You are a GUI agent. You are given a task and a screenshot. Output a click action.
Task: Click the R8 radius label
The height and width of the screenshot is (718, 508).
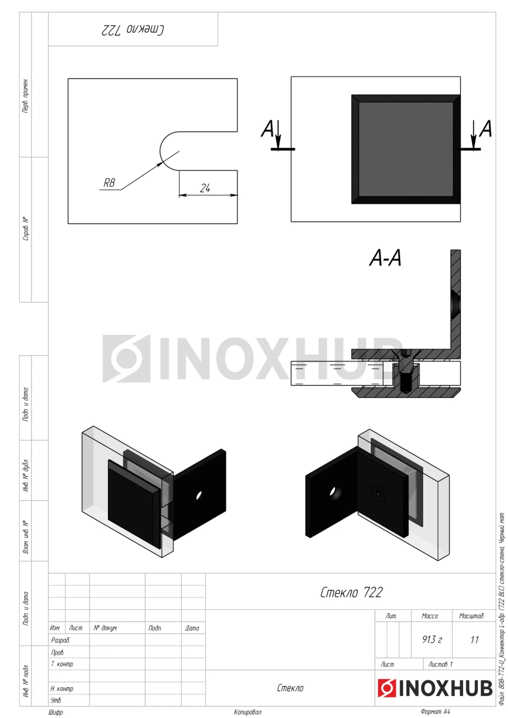click(x=109, y=183)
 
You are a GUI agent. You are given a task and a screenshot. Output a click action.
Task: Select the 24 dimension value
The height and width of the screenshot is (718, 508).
click(x=205, y=188)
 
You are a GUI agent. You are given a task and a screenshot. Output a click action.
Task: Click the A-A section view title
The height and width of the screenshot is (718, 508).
click(x=385, y=259)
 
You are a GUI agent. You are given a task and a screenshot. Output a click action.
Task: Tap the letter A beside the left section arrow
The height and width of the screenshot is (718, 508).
click(x=267, y=129)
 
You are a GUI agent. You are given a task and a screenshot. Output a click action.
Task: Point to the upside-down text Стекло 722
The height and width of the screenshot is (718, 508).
click(x=133, y=30)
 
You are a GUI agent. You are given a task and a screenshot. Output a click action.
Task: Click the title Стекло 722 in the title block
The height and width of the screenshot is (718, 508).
click(x=351, y=593)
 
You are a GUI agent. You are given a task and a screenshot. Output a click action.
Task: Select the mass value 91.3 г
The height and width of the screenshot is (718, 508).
click(x=432, y=640)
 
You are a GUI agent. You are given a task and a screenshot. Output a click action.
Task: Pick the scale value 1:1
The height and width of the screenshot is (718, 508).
click(x=474, y=640)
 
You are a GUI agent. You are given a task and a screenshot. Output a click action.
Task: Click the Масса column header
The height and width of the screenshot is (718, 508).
click(x=430, y=616)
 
